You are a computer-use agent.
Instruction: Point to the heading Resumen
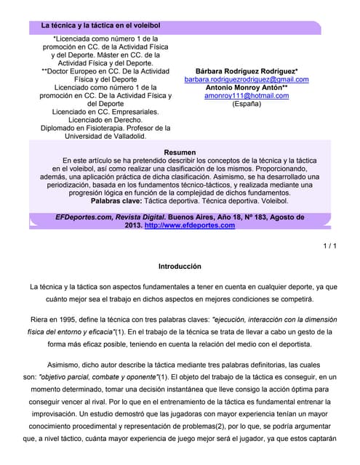tap(180, 152)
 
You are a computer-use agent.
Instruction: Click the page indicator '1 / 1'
tap(329, 246)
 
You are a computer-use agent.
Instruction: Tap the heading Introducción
tap(180, 267)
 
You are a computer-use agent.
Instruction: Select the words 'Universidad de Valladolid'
tap(105, 136)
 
